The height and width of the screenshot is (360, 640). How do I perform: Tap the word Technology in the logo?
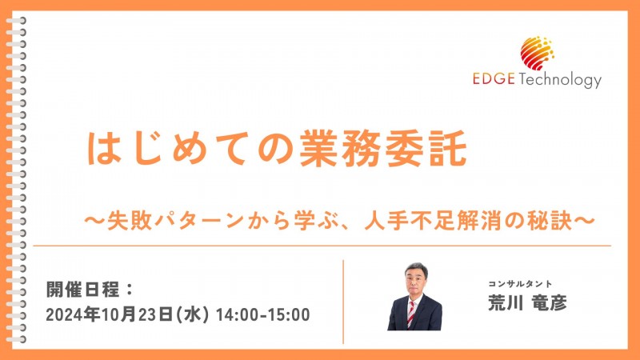(x=559, y=82)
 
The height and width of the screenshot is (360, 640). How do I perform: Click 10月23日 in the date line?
(x=134, y=314)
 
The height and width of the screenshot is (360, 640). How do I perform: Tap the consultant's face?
(x=414, y=279)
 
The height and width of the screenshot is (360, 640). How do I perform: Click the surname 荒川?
(x=504, y=303)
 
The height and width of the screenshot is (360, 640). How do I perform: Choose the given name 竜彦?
(x=550, y=303)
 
